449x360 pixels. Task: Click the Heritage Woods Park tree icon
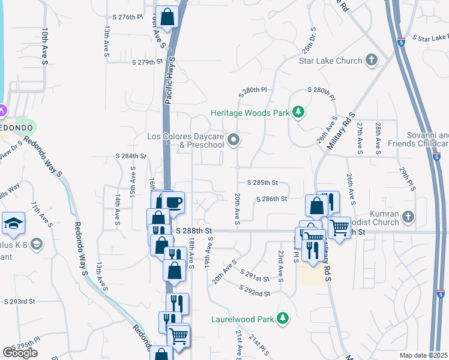click(x=298, y=112)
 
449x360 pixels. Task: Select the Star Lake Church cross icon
click(x=372, y=60)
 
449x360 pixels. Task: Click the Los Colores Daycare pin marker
click(x=235, y=141)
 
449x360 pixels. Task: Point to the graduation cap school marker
click(x=13, y=224)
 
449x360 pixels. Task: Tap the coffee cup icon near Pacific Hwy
click(x=173, y=202)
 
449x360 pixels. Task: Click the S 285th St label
click(x=262, y=182)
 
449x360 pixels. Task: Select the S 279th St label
click(x=147, y=62)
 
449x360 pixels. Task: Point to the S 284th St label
click(x=131, y=156)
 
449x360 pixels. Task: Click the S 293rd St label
click(x=20, y=301)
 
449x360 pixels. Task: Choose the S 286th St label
click(x=271, y=199)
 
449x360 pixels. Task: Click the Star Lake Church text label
click(x=331, y=61)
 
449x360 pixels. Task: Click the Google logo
click(x=20, y=353)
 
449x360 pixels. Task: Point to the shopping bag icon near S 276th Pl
click(x=167, y=17)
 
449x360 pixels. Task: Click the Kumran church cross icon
click(x=408, y=216)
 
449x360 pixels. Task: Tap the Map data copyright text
click(x=423, y=355)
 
